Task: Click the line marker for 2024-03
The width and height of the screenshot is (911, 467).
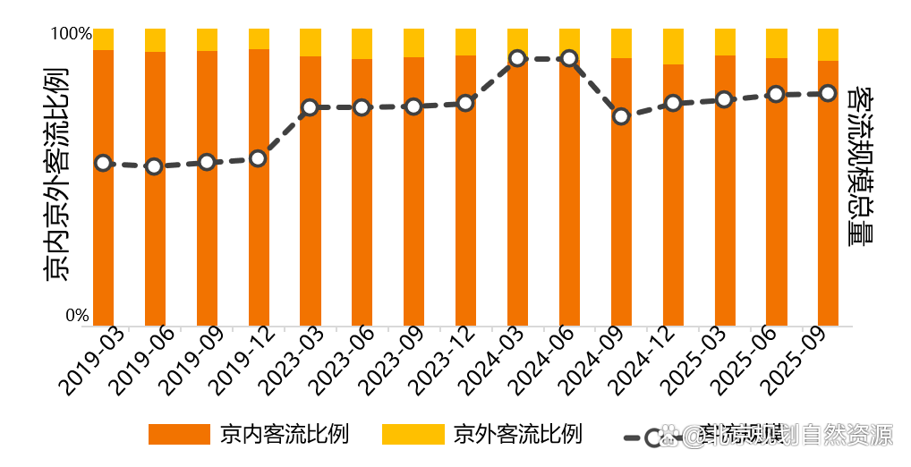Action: [x=517, y=59]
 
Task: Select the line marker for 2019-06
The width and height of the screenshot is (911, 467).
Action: [x=155, y=166]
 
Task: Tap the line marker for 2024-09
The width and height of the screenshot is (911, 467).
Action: [x=621, y=116]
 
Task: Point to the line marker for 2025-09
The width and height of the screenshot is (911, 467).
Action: [x=828, y=93]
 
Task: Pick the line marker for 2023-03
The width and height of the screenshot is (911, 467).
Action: [x=310, y=107]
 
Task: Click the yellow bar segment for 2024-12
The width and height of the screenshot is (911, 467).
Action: [x=673, y=47]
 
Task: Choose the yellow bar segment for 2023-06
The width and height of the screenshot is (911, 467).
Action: [x=362, y=44]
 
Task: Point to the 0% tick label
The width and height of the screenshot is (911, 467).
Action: [x=77, y=316]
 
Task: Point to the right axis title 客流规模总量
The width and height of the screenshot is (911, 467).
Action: [x=860, y=166]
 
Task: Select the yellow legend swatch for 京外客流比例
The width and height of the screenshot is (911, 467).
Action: [x=413, y=435]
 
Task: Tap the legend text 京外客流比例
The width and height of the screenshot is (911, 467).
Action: [x=517, y=435]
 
